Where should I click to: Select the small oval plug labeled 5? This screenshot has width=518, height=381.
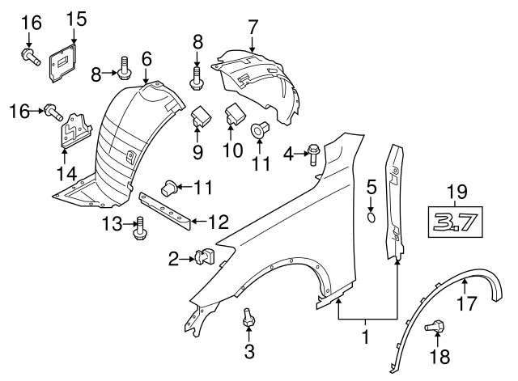[372, 217]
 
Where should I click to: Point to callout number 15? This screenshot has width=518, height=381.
[74, 17]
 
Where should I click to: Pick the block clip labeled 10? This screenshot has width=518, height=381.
[235, 114]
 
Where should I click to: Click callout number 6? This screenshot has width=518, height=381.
[146, 58]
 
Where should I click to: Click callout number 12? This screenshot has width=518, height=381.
[219, 220]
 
